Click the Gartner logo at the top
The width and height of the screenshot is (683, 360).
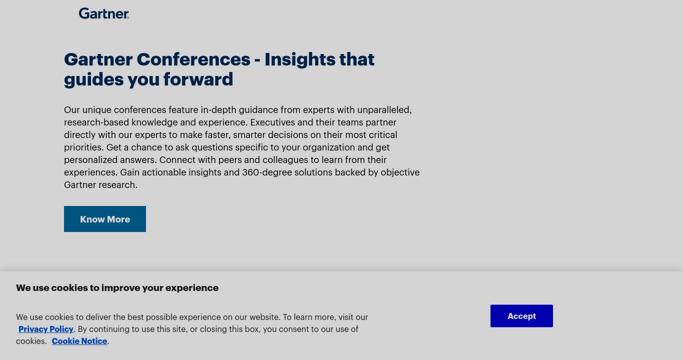click(x=103, y=13)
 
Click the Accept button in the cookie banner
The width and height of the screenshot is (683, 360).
click(x=521, y=316)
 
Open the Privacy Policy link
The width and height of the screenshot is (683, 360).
click(x=45, y=329)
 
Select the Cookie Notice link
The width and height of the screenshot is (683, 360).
click(x=79, y=341)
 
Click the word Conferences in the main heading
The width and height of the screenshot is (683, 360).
click(x=193, y=59)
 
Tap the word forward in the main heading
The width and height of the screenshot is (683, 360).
click(x=198, y=79)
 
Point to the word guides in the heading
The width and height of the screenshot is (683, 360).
click(x=93, y=80)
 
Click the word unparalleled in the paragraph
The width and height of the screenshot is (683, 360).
click(x=384, y=109)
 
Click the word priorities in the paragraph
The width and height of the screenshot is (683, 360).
click(x=83, y=147)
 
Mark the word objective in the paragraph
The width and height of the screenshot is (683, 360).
click(x=400, y=172)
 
